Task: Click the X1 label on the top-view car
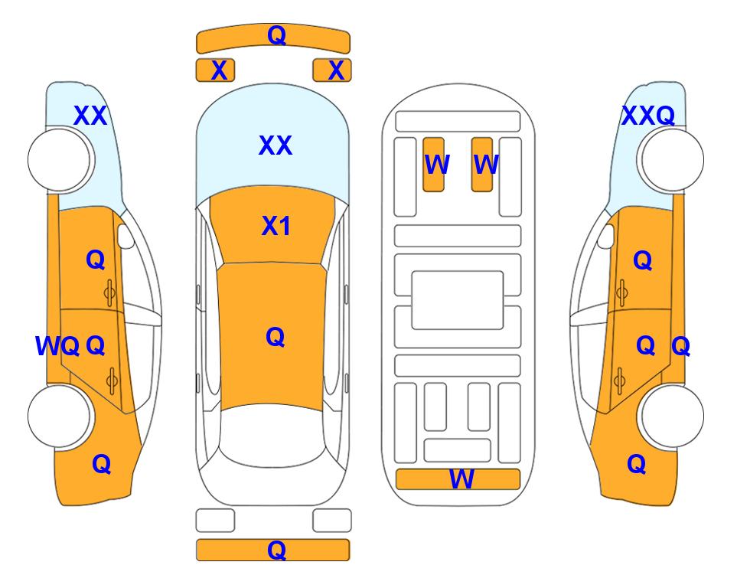(276, 226)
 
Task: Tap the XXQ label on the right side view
(648, 116)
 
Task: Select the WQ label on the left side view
(57, 346)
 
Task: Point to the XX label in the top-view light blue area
(276, 145)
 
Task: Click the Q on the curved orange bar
(276, 35)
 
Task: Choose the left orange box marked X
(215, 70)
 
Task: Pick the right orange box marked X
(332, 70)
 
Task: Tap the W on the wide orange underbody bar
(461, 479)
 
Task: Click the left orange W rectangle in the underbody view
(433, 165)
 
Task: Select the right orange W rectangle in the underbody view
(482, 165)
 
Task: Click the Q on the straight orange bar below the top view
(276, 550)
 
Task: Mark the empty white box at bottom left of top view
(215, 521)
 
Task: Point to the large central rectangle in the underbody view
(458, 300)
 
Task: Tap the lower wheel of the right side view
(672, 416)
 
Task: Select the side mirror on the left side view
(126, 236)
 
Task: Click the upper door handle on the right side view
(621, 292)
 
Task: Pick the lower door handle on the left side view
(112, 381)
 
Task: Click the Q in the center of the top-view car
(275, 338)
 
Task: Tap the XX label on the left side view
(90, 116)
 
